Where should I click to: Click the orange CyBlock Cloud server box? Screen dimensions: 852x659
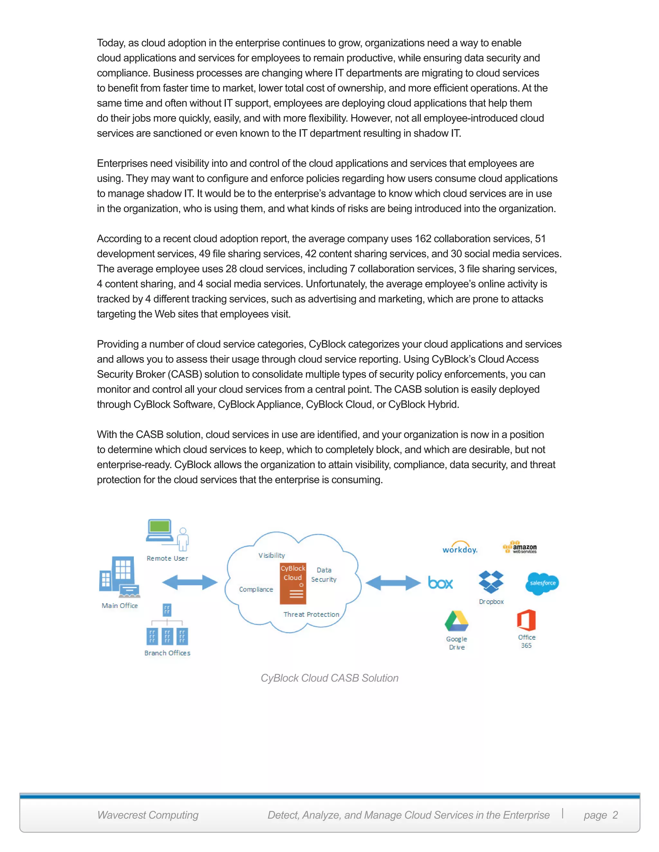293,583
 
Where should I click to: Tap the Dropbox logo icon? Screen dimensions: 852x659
491,582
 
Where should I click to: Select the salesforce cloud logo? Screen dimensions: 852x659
542,583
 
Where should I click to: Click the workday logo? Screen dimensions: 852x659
459,548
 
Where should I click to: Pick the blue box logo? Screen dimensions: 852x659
441,583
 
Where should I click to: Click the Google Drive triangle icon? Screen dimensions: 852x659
456,621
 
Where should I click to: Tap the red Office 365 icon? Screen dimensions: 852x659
526,620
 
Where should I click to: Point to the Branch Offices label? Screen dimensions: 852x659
167,653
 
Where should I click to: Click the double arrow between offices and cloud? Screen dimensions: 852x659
190,583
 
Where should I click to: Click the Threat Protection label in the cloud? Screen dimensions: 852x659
311,614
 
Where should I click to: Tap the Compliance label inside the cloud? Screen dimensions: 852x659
256,589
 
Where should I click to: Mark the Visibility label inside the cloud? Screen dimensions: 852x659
271,556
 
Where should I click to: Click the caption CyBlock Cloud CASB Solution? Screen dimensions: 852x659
329,678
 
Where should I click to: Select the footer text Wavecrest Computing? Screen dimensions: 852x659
148,815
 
